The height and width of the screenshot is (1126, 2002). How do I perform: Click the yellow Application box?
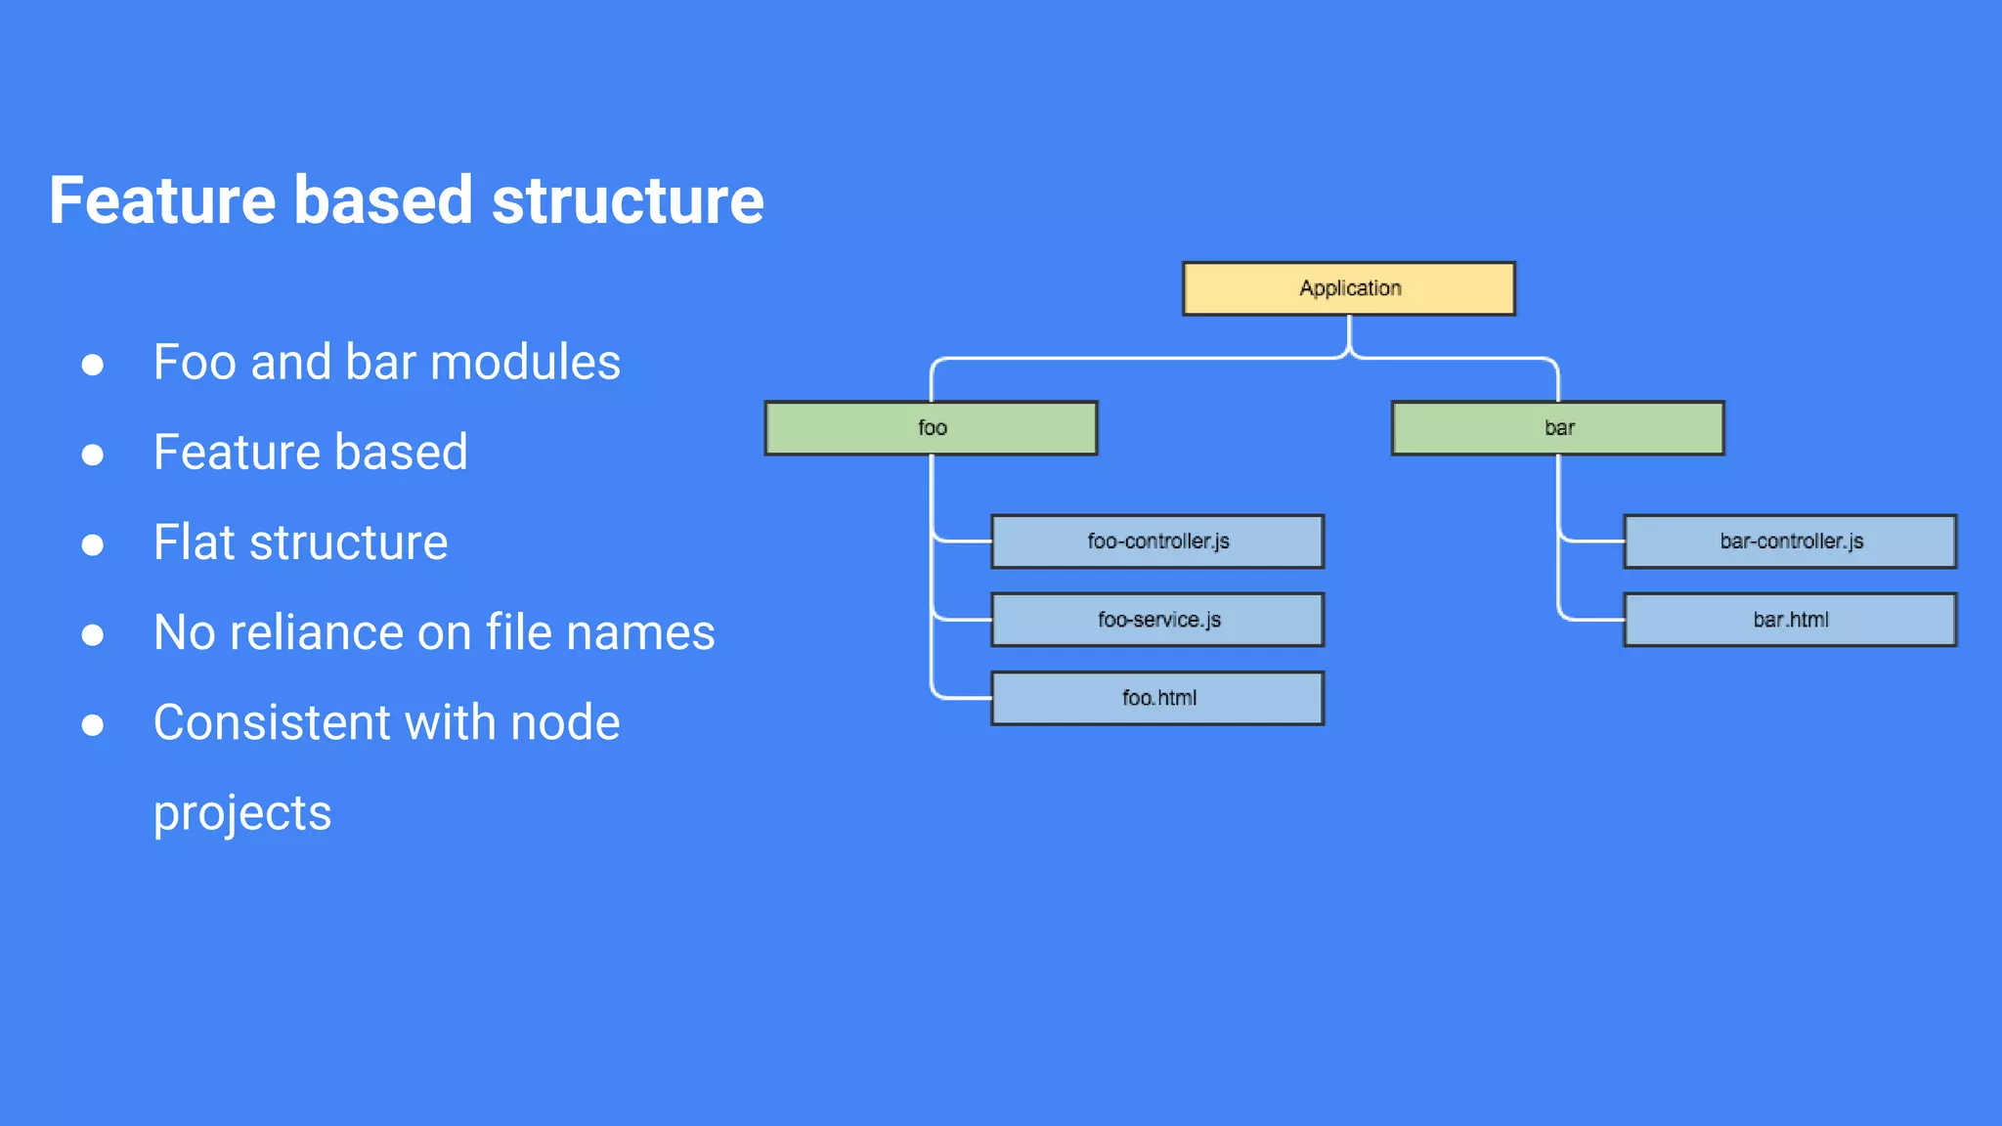pyautogui.click(x=1349, y=288)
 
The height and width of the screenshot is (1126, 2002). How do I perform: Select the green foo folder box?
pyautogui.click(x=931, y=428)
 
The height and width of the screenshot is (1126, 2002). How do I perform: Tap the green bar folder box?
pyautogui.click(x=1558, y=428)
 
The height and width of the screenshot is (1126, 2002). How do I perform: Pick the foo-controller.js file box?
pyautogui.click(x=1157, y=541)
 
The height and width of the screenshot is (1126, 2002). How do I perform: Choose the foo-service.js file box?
pyautogui.click(x=1157, y=620)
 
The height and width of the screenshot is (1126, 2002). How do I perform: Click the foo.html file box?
pyautogui.click(x=1157, y=698)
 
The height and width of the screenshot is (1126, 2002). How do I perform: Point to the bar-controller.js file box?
pyautogui.click(x=1790, y=541)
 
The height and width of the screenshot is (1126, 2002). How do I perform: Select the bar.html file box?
pyautogui.click(x=1790, y=620)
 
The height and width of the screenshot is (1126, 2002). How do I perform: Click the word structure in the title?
pyautogui.click(x=628, y=200)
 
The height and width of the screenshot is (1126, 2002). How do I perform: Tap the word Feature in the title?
pyautogui.click(x=162, y=200)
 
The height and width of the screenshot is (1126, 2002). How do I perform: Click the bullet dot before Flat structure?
pyautogui.click(x=93, y=544)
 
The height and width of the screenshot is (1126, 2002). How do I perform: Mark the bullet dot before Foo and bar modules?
pyautogui.click(x=93, y=365)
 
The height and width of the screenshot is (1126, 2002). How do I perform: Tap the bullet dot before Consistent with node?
pyautogui.click(x=93, y=725)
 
